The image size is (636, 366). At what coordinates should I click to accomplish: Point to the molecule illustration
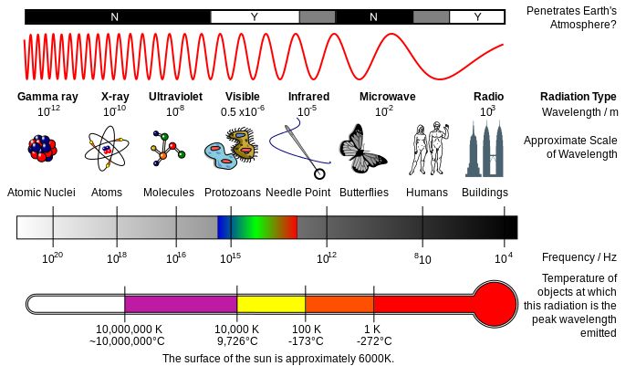point(168,147)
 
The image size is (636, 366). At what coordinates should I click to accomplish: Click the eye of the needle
point(319,173)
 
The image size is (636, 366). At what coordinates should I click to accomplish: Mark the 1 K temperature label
point(372,329)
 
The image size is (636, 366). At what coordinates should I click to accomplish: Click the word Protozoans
point(232,193)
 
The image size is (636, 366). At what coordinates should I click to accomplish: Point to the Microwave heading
point(387,97)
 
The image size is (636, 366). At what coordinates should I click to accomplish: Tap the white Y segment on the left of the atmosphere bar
point(254,16)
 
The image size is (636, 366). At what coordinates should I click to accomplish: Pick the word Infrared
point(308,97)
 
